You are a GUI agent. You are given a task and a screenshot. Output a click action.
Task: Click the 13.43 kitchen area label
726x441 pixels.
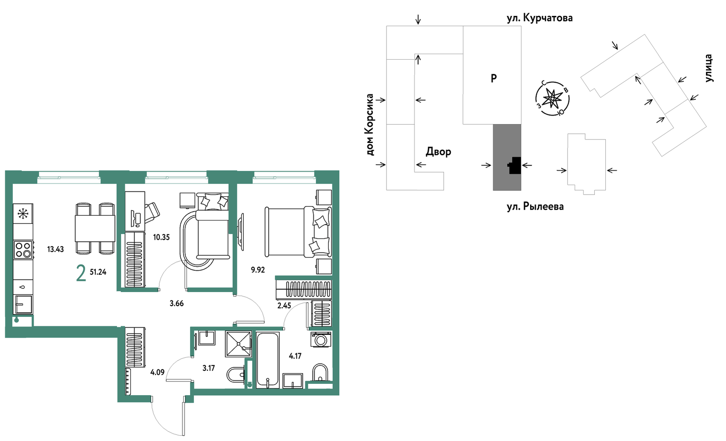click(x=56, y=249)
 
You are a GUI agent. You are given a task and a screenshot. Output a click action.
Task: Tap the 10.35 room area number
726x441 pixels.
click(x=161, y=237)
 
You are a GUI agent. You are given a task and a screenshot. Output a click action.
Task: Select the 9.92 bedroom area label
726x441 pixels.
click(x=258, y=270)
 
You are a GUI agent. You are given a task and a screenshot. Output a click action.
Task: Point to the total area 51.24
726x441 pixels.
click(x=98, y=272)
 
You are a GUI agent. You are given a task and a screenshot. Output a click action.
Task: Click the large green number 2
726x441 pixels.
click(x=81, y=273)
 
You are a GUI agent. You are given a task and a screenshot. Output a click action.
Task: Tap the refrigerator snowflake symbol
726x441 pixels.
click(x=23, y=213)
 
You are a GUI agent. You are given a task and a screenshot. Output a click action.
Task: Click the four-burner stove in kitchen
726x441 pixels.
click(x=23, y=250)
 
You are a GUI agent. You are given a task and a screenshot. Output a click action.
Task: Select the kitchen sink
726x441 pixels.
click(x=23, y=304)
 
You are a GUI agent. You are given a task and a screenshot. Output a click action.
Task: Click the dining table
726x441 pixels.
click(x=95, y=228)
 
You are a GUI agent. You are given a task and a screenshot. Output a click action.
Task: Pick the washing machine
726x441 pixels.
click(x=321, y=340)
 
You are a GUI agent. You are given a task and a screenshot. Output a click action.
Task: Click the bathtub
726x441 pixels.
click(x=268, y=360)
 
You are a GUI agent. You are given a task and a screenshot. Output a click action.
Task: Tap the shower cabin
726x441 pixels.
click(x=238, y=343)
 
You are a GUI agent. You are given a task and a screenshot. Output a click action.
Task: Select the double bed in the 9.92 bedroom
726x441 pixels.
click(x=299, y=232)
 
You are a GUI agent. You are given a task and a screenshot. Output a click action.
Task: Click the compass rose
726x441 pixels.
click(x=553, y=98)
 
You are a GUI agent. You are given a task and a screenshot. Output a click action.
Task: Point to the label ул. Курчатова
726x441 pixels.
click(x=539, y=18)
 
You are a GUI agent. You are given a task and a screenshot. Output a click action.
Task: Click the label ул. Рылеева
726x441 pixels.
click(x=535, y=207)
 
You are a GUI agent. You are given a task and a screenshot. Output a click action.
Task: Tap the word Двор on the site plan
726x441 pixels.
click(x=438, y=152)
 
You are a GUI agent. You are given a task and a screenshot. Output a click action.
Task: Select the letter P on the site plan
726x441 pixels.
click(x=494, y=78)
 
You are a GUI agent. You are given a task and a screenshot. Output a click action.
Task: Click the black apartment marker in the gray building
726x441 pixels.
click(x=515, y=166)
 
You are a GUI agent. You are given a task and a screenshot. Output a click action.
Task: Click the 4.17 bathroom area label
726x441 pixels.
click(x=295, y=356)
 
